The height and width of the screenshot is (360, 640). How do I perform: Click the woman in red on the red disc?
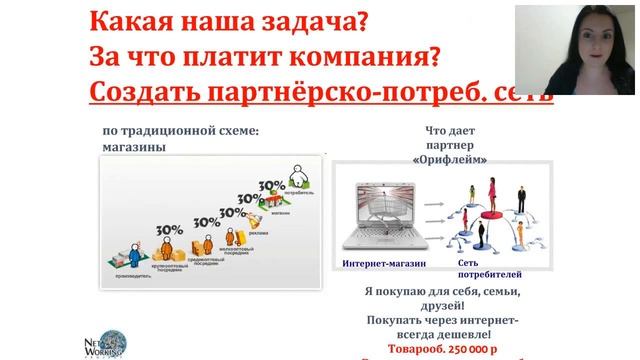pyautogui.click(x=492, y=194)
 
